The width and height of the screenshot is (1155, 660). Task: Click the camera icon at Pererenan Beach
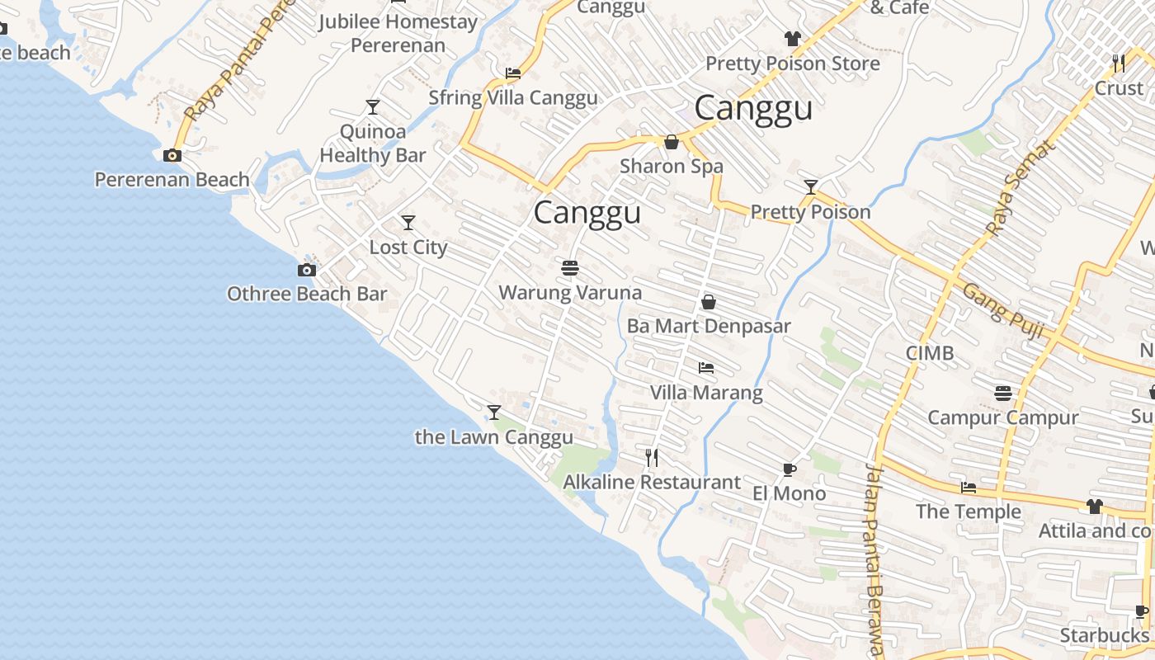(x=172, y=155)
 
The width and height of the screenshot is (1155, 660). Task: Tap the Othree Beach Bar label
(x=307, y=294)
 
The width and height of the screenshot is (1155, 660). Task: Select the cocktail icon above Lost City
(x=408, y=223)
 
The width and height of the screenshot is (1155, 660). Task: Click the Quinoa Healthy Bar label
(x=373, y=144)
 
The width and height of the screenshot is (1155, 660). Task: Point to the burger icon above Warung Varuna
(x=569, y=268)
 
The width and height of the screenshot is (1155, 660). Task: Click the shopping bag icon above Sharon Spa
(x=672, y=142)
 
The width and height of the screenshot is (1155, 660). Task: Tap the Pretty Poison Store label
(x=792, y=64)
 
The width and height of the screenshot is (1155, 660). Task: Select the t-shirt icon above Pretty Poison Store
(x=792, y=38)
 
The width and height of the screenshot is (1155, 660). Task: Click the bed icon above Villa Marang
(x=706, y=368)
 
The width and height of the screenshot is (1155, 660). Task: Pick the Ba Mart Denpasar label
(x=709, y=326)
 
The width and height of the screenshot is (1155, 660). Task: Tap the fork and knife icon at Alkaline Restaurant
(x=652, y=457)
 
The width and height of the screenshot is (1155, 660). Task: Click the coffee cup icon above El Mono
(x=789, y=469)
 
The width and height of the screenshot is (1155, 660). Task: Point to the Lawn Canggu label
(x=493, y=437)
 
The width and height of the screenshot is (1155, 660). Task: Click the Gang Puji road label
(x=1003, y=312)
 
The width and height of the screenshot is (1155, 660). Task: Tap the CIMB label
(x=930, y=353)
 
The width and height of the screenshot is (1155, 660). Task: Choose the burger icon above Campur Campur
(x=1003, y=393)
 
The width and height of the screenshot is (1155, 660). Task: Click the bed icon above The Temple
(x=969, y=488)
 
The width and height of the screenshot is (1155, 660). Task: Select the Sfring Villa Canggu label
(x=513, y=97)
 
